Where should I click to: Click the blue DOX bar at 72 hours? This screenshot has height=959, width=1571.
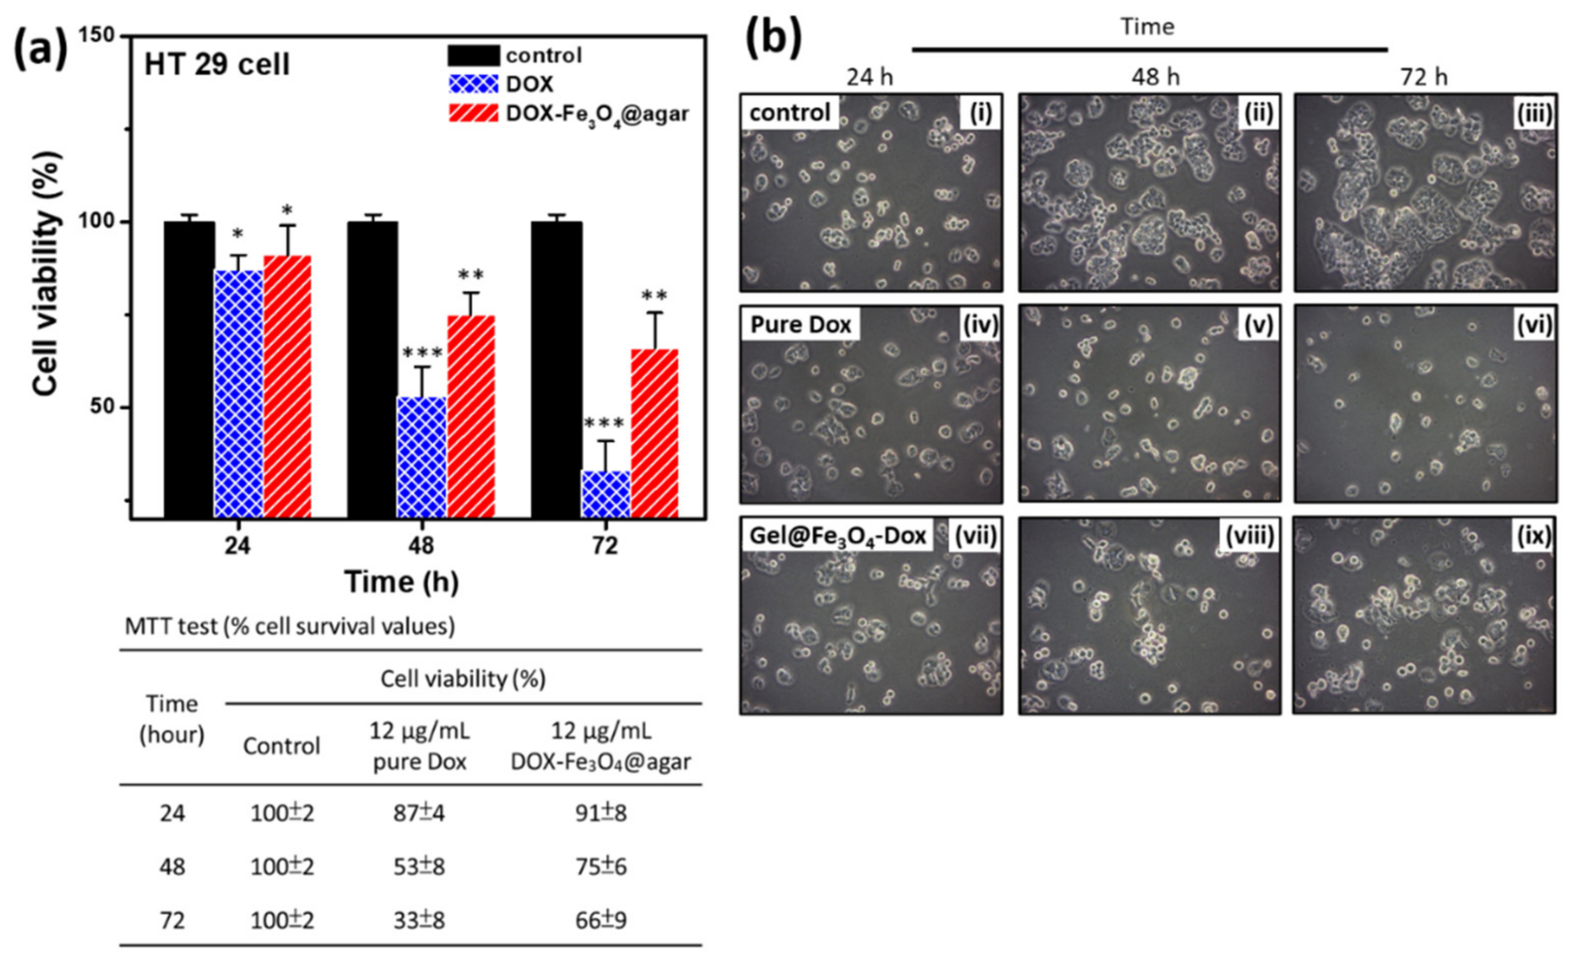click(605, 494)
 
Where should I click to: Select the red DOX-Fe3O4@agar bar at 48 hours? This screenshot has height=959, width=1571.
click(471, 416)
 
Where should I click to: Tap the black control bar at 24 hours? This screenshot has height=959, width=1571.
click(189, 370)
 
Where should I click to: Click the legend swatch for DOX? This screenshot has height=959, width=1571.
click(473, 84)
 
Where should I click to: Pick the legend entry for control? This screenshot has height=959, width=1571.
click(543, 56)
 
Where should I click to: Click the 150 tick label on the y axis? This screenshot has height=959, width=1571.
click(98, 36)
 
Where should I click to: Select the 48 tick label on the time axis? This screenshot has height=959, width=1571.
click(421, 546)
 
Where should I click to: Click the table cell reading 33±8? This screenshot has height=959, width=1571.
click(419, 920)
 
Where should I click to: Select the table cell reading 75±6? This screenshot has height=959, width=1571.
click(600, 866)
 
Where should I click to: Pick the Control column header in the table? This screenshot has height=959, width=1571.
click(281, 746)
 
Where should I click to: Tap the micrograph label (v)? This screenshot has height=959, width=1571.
click(1258, 325)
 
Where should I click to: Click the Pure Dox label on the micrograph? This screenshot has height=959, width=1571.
click(800, 325)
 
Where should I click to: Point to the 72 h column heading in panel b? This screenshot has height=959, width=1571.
click(1424, 77)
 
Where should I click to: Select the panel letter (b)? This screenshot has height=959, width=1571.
click(773, 39)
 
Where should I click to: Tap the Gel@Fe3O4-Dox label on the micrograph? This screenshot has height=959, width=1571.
click(837, 536)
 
